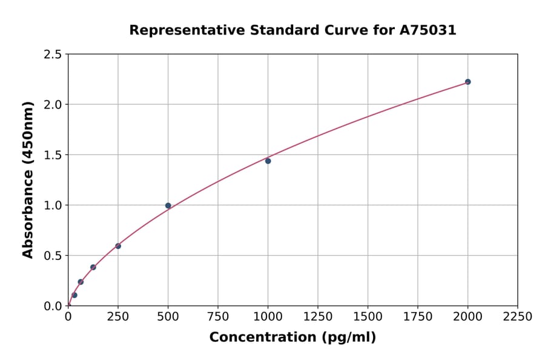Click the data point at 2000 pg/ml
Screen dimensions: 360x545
pos(467,82)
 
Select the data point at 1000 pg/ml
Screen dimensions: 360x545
pos(268,161)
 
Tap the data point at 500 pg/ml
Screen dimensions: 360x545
pos(168,205)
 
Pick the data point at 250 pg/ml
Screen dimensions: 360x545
pos(118,246)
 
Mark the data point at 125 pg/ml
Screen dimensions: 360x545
pos(93,267)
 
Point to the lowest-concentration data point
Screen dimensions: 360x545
pos(74,295)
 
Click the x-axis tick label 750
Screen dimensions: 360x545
pos(218,317)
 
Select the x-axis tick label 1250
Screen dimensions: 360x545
pos(318,317)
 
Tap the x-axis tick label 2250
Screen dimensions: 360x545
pos(518,317)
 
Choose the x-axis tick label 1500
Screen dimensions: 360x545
pos(368,317)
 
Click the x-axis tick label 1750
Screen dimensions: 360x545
pos(418,317)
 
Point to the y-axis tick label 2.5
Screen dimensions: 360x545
pos(53,55)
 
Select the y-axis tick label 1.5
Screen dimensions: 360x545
pos(53,155)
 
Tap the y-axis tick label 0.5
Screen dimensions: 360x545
pos(53,256)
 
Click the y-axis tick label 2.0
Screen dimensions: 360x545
pos(53,105)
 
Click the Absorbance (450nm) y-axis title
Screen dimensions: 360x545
pos(28,180)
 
